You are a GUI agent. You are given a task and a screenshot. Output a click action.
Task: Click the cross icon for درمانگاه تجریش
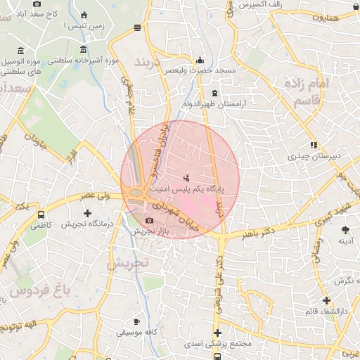(x=87, y=212)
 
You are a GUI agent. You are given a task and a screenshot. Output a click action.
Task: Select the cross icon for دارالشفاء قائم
(x=326, y=300)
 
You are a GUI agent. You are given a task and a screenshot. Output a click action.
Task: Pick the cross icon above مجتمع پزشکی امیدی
(x=217, y=333)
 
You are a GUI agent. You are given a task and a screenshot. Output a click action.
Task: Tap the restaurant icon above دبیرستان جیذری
(x=314, y=145)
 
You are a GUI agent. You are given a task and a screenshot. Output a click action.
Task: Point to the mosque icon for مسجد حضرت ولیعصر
(x=200, y=60)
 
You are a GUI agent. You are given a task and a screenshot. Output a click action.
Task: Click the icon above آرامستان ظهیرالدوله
(x=214, y=94)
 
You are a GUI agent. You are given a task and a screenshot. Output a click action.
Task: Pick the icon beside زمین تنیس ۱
(x=84, y=15)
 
